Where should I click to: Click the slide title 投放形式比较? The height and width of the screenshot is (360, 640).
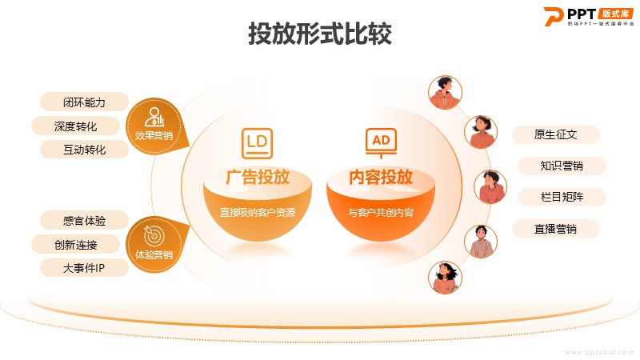click(320, 34)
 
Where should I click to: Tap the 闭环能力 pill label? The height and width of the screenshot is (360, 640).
click(84, 102)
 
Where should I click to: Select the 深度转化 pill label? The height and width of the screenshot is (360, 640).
click(75, 126)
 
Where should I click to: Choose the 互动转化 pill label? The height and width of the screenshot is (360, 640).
click(84, 150)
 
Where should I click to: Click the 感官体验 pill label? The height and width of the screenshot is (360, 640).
click(84, 221)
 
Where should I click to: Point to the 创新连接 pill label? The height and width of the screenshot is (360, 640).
click(75, 245)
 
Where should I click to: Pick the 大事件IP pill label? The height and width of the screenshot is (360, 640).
click(84, 268)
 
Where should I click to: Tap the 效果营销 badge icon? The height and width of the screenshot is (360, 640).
click(154, 117)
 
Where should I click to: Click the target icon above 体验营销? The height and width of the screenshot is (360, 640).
click(154, 235)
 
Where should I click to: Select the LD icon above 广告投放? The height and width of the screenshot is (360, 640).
click(257, 143)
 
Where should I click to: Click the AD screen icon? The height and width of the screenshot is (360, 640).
click(381, 143)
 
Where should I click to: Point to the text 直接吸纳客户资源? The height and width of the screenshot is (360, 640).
click(257, 212)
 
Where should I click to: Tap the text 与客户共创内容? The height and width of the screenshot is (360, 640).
click(381, 212)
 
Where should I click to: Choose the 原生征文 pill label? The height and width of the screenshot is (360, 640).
click(555, 134)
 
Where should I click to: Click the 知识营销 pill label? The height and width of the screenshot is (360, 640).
click(562, 166)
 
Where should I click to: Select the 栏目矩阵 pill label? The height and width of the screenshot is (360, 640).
click(562, 197)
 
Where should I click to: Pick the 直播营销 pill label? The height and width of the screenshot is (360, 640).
click(555, 229)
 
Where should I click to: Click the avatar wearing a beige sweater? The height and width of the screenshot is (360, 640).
click(481, 242)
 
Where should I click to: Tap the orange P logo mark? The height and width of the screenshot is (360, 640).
click(553, 17)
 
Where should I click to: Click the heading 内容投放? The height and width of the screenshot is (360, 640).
click(381, 177)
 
